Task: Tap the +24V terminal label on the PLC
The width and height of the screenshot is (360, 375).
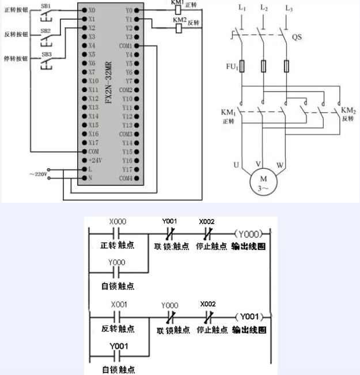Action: pyautogui.click(x=94, y=160)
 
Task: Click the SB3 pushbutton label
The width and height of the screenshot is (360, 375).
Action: pyautogui.click(x=46, y=55)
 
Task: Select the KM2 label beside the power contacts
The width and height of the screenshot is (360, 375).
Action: pyautogui.click(x=348, y=110)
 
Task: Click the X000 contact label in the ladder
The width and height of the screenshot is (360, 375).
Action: pyautogui.click(x=118, y=221)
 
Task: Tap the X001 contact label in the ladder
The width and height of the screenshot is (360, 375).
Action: pyautogui.click(x=118, y=304)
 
